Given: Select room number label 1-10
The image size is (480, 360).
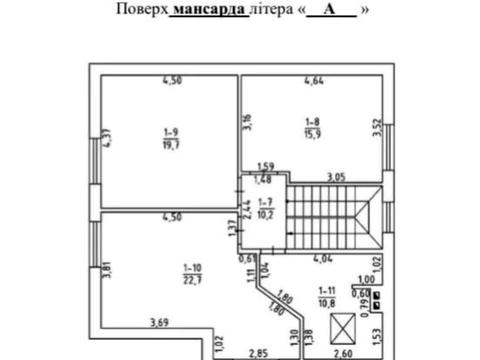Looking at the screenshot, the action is click(x=192, y=267).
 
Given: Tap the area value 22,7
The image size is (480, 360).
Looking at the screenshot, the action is click(x=192, y=279).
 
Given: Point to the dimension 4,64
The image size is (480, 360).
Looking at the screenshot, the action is click(x=314, y=80).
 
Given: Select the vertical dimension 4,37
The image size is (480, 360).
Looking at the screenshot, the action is click(x=104, y=141).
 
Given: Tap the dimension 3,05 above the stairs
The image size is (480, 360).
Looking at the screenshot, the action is click(x=335, y=177).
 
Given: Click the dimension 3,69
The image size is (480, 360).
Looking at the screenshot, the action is click(x=157, y=321).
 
